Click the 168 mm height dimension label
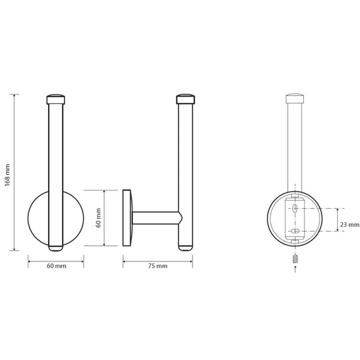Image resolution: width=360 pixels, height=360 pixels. coord(7,175)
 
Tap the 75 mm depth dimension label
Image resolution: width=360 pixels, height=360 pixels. coord(157,266)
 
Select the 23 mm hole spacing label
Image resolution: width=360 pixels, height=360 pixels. coord(349,224)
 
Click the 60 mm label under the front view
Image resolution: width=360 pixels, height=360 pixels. coord(57,266)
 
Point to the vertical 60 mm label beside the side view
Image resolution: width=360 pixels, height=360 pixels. coord(98,218)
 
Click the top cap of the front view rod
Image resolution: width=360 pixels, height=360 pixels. coord(56,99)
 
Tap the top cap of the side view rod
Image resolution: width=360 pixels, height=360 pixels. coord(186,99)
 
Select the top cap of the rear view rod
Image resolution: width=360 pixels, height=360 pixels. coord(294,98)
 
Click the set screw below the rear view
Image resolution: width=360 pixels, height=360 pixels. coord(295,259)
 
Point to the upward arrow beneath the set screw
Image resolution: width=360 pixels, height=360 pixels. coord(295,269)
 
